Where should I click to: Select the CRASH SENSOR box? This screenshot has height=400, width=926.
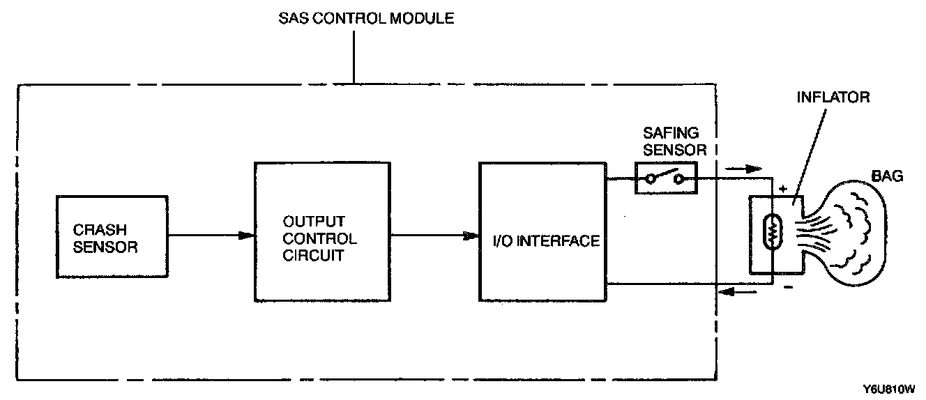click(x=112, y=236)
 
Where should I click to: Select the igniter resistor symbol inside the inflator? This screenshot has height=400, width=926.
click(x=772, y=235)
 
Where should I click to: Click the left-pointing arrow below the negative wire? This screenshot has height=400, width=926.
click(x=740, y=293)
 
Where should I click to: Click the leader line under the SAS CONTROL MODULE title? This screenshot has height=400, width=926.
click(x=354, y=56)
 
